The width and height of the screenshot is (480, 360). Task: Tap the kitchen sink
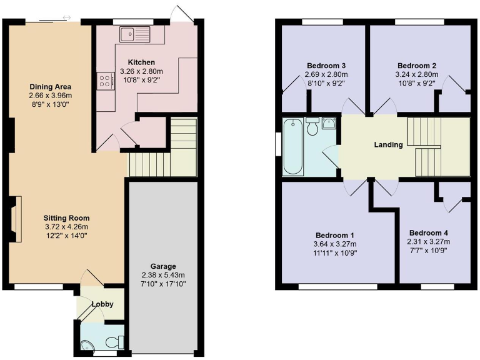pos(136,33)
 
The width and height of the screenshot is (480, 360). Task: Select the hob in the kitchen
pos(102,81)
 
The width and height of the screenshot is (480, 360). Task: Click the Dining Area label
pos(50,86)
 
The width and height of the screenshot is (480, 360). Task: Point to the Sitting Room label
pos(62,217)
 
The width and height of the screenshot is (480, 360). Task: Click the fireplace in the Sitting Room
pos(17,218)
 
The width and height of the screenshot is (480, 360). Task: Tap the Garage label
pos(162,266)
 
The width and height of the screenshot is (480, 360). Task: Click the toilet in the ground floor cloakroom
pos(113,342)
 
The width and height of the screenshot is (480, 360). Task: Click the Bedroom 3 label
pos(326,66)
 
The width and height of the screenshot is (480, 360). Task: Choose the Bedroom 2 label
pos(417,66)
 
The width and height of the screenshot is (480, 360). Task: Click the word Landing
pos(388,145)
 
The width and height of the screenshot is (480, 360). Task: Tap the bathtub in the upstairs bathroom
pos(294,147)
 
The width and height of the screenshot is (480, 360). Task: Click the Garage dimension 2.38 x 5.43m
pos(162,275)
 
